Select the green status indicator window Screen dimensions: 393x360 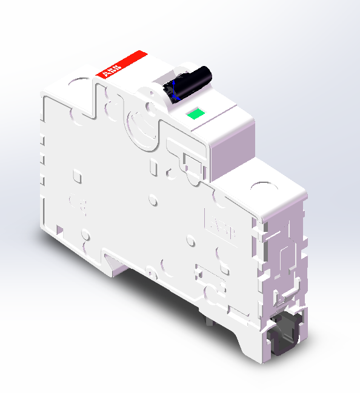[x=195, y=113]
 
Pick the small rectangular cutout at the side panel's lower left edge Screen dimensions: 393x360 [x=60, y=230]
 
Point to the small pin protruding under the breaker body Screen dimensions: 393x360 [x=209, y=321]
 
